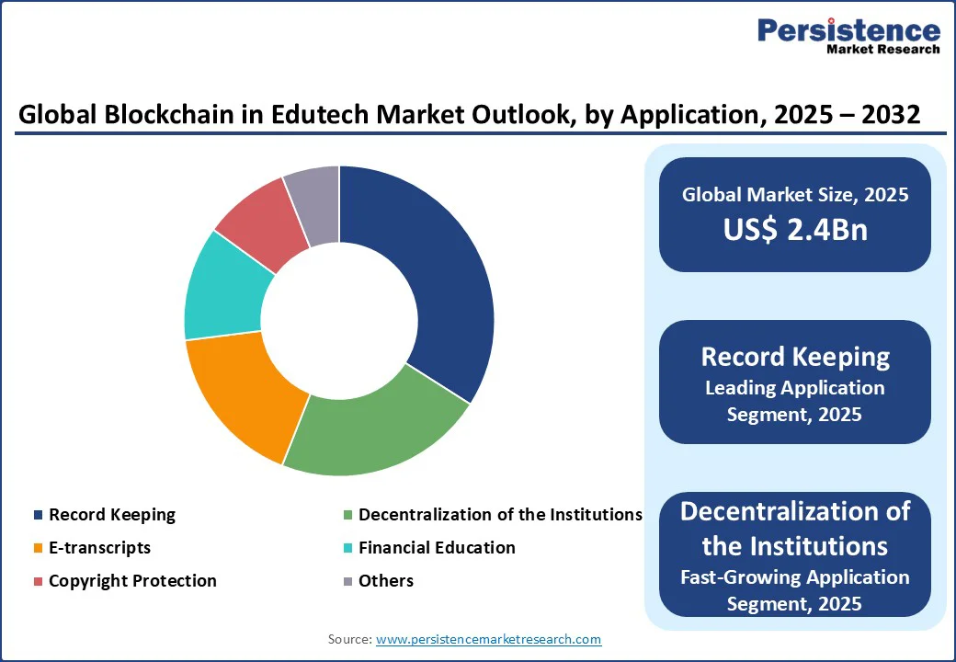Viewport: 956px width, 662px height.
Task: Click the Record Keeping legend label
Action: click(x=112, y=515)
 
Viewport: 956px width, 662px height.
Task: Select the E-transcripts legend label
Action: click(x=99, y=548)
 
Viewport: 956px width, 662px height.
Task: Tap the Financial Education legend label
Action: click(x=437, y=548)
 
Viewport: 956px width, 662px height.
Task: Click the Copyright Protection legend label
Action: click(x=132, y=581)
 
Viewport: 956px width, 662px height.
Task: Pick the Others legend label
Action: click(x=386, y=581)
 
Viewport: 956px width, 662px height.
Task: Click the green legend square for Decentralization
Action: click(x=347, y=515)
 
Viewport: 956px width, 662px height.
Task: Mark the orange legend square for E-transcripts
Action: click(x=38, y=548)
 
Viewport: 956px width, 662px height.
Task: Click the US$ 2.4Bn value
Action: click(x=794, y=230)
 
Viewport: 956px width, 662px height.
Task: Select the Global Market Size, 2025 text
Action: click(x=794, y=195)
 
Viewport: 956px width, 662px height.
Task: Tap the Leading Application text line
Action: click(x=794, y=388)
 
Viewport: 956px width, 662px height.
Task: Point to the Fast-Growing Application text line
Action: click(x=794, y=577)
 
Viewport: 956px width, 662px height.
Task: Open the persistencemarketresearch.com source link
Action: click(x=488, y=639)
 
